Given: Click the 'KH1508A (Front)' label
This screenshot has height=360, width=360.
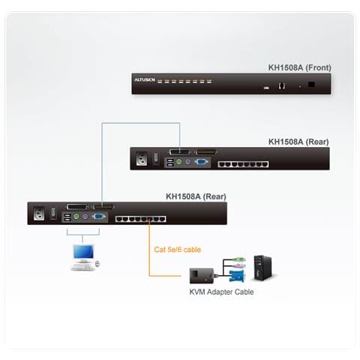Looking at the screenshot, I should click(x=299, y=67).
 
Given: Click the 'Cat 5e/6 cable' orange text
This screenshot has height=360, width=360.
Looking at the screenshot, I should click(x=178, y=250).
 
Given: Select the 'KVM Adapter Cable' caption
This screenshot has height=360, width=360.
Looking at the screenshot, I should click(x=221, y=292).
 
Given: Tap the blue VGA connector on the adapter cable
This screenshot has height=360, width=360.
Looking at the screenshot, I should click(x=235, y=275).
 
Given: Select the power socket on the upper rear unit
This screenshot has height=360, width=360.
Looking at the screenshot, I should click(x=142, y=160).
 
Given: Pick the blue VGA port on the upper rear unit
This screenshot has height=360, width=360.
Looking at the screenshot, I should click(x=202, y=161).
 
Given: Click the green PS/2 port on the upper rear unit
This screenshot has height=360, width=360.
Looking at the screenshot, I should click(x=178, y=161).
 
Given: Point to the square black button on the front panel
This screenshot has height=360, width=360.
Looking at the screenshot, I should click(x=311, y=84).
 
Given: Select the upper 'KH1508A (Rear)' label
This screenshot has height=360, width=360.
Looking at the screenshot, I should click(x=298, y=140).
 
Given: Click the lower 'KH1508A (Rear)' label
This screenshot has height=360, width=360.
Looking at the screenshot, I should click(x=196, y=197).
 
